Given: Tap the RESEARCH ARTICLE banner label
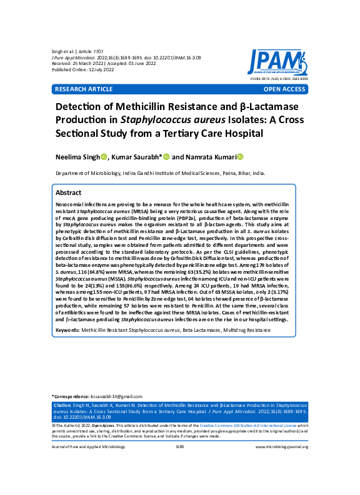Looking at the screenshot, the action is (x=83, y=89).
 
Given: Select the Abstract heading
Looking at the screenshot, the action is (x=69, y=193).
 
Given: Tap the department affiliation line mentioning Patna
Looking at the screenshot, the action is (x=160, y=173).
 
